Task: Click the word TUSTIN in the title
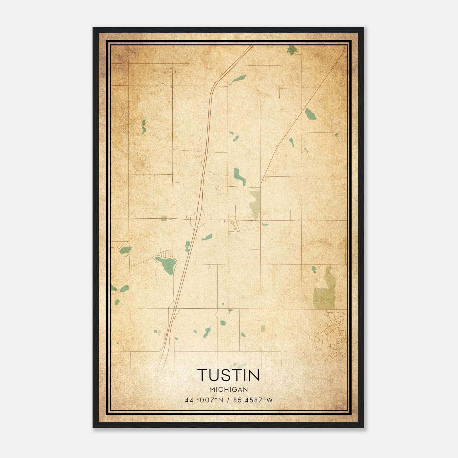click(228, 375)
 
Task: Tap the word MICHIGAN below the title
click(229, 390)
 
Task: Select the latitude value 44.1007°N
click(204, 400)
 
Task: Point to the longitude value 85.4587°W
click(253, 400)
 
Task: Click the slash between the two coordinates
click(228, 400)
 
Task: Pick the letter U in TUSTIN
click(217, 375)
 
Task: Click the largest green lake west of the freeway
click(166, 264)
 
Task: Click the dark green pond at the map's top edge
click(292, 50)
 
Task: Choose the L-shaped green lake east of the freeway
click(239, 176)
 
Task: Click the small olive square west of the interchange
click(164, 218)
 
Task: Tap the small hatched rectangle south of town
click(263, 328)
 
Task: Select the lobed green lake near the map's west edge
click(125, 250)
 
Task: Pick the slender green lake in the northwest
click(144, 127)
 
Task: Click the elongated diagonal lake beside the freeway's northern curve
click(238, 79)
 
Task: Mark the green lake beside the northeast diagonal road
click(310, 114)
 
